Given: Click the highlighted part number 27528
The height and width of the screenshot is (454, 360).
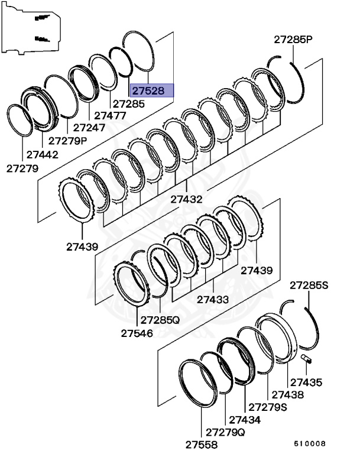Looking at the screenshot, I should pyautogui.click(x=152, y=90).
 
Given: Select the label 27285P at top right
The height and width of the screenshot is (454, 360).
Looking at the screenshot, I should pyautogui.click(x=293, y=40).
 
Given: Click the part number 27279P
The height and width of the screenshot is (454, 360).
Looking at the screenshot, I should pyautogui.click(x=67, y=141).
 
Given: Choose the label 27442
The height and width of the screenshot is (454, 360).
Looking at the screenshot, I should pyautogui.click(x=41, y=154).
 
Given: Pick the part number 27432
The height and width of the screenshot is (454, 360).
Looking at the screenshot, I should pyautogui.click(x=187, y=200).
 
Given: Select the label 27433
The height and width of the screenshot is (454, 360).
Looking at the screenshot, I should pyautogui.click(x=213, y=300).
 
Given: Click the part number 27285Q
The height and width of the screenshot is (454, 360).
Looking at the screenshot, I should pyautogui.click(x=160, y=320).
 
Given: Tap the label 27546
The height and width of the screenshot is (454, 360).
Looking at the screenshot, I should pyautogui.click(x=137, y=333).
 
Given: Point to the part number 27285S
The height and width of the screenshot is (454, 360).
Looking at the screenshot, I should pyautogui.click(x=308, y=286).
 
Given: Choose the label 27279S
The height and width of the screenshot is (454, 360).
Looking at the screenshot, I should pyautogui.click(x=268, y=407).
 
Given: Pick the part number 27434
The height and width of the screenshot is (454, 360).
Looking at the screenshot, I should pyautogui.click(x=245, y=420).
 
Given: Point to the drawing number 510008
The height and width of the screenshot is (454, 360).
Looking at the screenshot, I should pyautogui.click(x=310, y=443).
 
